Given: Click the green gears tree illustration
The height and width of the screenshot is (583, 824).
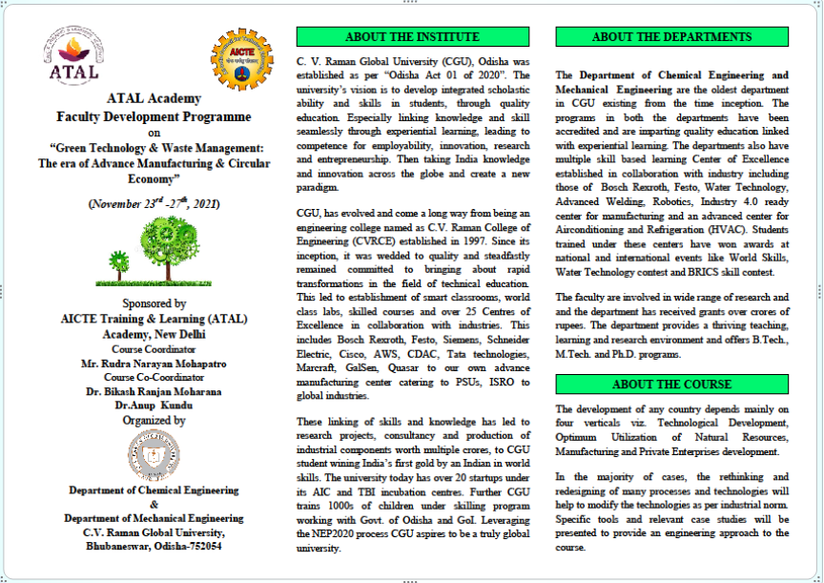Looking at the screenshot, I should (153, 251).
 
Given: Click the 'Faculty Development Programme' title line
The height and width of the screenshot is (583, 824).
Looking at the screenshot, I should (154, 116).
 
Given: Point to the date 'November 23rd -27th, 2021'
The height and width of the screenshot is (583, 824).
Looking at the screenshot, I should (153, 203).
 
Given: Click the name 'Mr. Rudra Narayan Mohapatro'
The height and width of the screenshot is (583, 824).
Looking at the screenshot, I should (153, 364).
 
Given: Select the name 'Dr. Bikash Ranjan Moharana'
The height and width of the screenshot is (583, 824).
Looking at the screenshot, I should (153, 391).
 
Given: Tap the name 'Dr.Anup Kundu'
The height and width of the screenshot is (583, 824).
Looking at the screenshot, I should (153, 405).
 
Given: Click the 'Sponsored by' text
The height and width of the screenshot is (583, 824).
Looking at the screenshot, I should (153, 304).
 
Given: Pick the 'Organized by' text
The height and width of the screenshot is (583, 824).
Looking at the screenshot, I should (153, 420).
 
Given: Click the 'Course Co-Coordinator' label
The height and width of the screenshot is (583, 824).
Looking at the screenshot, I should (153, 377).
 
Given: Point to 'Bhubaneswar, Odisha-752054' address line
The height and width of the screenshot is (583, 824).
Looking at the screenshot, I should (153, 547).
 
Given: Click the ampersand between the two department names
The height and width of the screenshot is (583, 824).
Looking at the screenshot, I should (153, 504).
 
